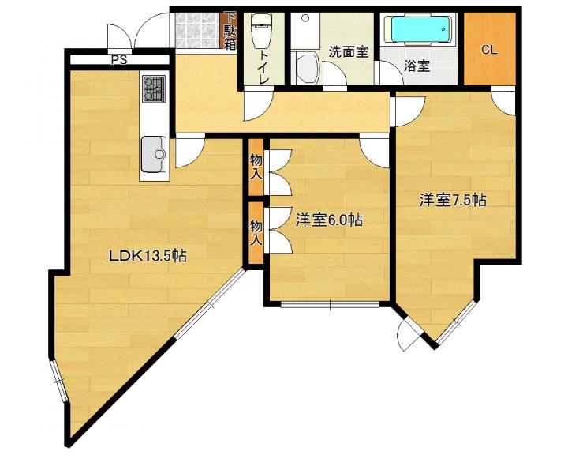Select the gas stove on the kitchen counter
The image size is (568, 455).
(154, 88)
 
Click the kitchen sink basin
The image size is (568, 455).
(154, 154)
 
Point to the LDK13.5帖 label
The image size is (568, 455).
(148, 256)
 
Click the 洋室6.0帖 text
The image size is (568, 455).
(329, 220)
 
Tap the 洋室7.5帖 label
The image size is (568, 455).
(453, 200)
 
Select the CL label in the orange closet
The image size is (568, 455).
(489, 50)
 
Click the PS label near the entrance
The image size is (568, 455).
(119, 60)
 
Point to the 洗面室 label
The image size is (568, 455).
(349, 53)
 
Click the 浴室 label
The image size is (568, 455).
(417, 66)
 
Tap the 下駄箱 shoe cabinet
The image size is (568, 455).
(230, 32)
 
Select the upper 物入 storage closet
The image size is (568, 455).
(256, 167)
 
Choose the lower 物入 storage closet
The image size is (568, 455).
(256, 233)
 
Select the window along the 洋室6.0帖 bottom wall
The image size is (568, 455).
(330, 305)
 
